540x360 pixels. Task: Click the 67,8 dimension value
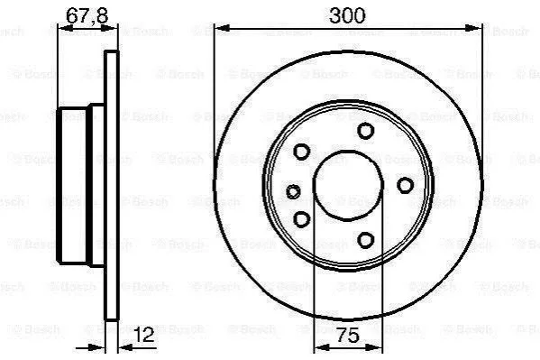pos(87,15)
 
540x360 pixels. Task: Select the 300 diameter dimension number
pos(347,15)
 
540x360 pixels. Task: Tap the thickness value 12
pos(144,334)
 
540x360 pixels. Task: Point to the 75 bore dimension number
pos(347,335)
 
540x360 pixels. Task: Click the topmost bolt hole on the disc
pos(365,131)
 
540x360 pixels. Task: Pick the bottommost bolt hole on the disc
pos(365,240)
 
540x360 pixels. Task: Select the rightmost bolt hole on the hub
pos(405,185)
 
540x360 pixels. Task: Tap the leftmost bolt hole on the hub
pos(293,191)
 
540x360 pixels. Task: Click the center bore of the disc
pos(348,186)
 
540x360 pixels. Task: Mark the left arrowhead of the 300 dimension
pos(222,28)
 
